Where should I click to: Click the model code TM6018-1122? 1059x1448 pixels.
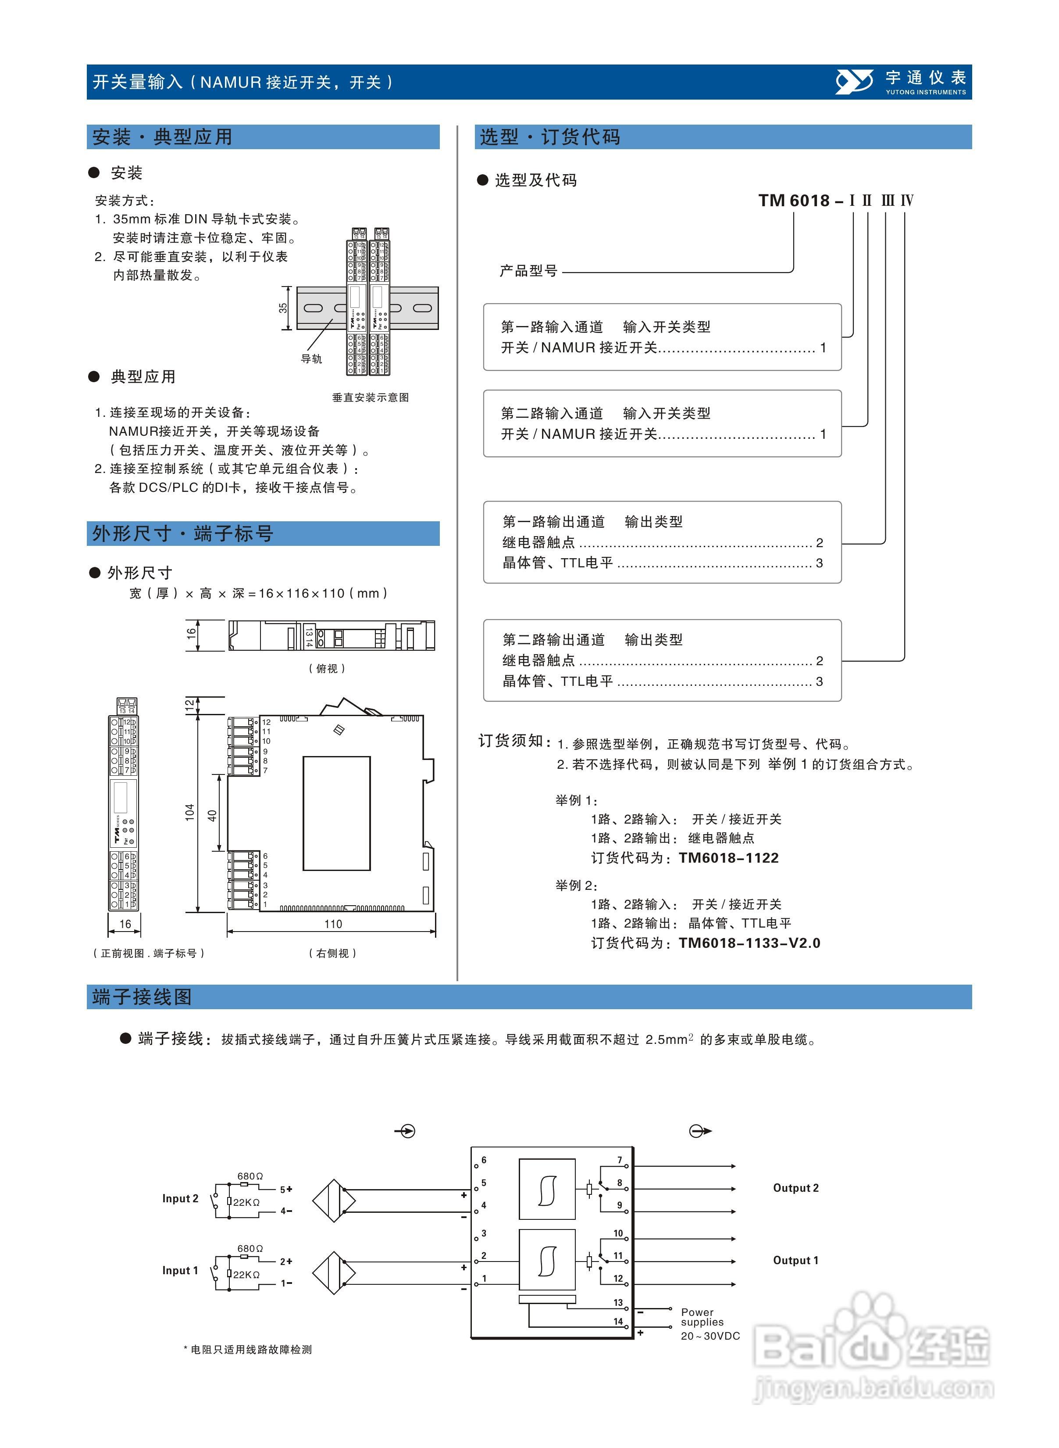point(729,858)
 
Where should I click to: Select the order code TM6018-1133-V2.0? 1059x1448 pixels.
point(749,943)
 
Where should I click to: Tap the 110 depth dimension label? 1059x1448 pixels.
point(333,924)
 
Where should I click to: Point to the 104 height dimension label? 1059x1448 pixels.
point(190,812)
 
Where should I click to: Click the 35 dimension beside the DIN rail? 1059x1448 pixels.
point(283,308)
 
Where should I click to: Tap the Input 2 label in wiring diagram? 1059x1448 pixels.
point(180,1198)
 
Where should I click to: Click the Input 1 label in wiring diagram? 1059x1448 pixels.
point(180,1270)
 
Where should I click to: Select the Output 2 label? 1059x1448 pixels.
point(795,1188)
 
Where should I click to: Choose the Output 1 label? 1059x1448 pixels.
point(795,1260)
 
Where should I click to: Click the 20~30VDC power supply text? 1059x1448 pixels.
point(710,1336)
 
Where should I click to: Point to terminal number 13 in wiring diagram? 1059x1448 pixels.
point(618,1302)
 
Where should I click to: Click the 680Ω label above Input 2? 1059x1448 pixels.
point(250,1176)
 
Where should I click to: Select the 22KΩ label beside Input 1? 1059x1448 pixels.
point(246,1274)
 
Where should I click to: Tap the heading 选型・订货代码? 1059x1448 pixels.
point(549,137)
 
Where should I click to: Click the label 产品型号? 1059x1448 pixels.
point(528,271)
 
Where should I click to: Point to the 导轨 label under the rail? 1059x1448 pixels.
point(311,359)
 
